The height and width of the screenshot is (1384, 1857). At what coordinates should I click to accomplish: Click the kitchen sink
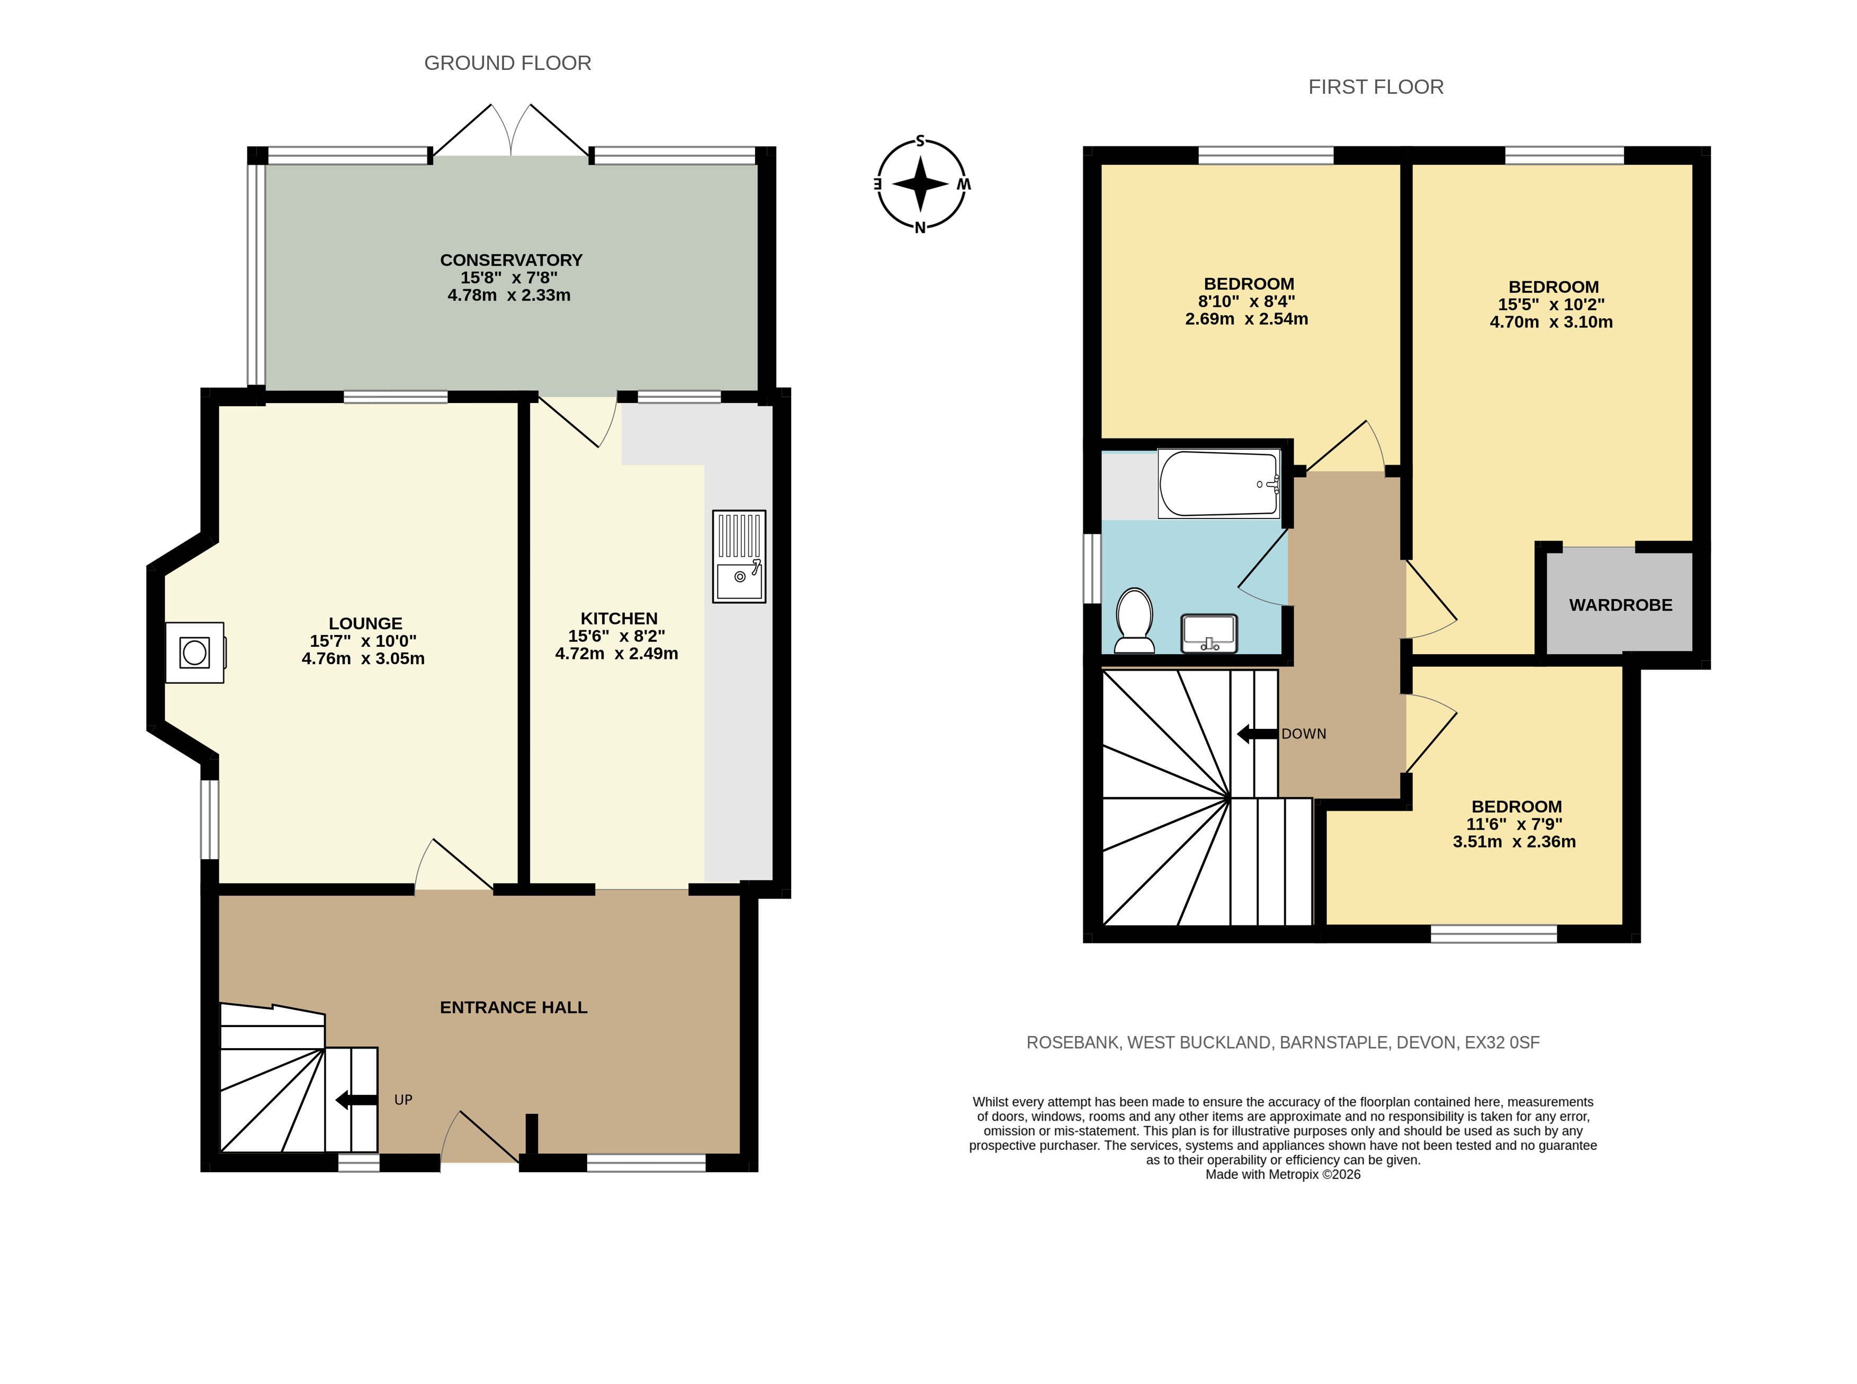tap(739, 556)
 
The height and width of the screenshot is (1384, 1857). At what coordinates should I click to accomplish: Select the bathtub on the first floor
tap(1219, 484)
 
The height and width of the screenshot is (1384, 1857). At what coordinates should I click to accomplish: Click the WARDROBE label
tap(1621, 605)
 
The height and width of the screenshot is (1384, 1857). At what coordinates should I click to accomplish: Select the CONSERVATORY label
tap(511, 260)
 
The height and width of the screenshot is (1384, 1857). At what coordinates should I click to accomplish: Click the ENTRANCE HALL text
tap(514, 1007)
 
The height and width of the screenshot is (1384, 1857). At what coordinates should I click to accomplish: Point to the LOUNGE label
tap(365, 623)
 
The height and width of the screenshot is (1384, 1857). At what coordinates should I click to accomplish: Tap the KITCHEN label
tap(619, 618)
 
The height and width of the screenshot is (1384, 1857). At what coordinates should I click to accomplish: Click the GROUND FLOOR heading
tap(508, 63)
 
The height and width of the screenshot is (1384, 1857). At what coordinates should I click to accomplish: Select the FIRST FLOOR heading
tap(1376, 87)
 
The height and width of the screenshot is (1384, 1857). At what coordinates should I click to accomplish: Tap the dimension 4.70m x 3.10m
tap(1551, 322)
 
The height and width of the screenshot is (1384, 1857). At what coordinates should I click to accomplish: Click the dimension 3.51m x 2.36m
tap(1514, 842)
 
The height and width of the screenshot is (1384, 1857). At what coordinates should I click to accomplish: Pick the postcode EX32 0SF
tap(1503, 1043)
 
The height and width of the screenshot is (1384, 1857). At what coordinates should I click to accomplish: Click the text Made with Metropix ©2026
tap(1283, 1175)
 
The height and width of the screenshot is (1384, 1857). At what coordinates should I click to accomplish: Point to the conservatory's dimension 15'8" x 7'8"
tap(509, 278)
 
